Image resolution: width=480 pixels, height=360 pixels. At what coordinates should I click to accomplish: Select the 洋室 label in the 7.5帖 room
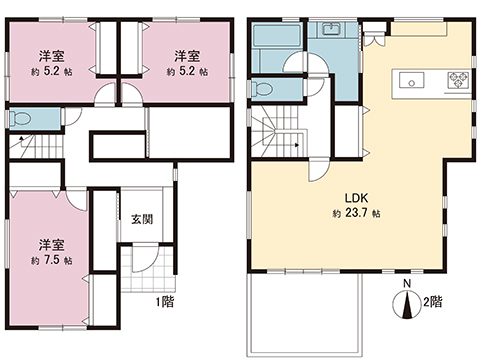click(x=51, y=244)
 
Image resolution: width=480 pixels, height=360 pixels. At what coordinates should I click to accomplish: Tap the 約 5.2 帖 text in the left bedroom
click(x=52, y=72)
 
